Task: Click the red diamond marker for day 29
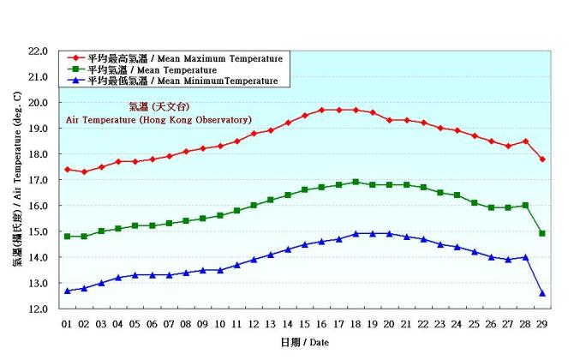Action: coord(542,159)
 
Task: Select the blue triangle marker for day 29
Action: coord(542,293)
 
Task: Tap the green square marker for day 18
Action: coord(356,182)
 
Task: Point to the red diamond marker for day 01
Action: coord(67,170)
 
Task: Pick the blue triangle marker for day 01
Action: coord(67,291)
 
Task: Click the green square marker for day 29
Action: coord(542,233)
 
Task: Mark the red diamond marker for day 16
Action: coord(321,110)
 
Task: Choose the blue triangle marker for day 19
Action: coord(373,233)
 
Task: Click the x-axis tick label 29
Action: coord(542,323)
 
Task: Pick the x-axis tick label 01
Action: coord(67,323)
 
